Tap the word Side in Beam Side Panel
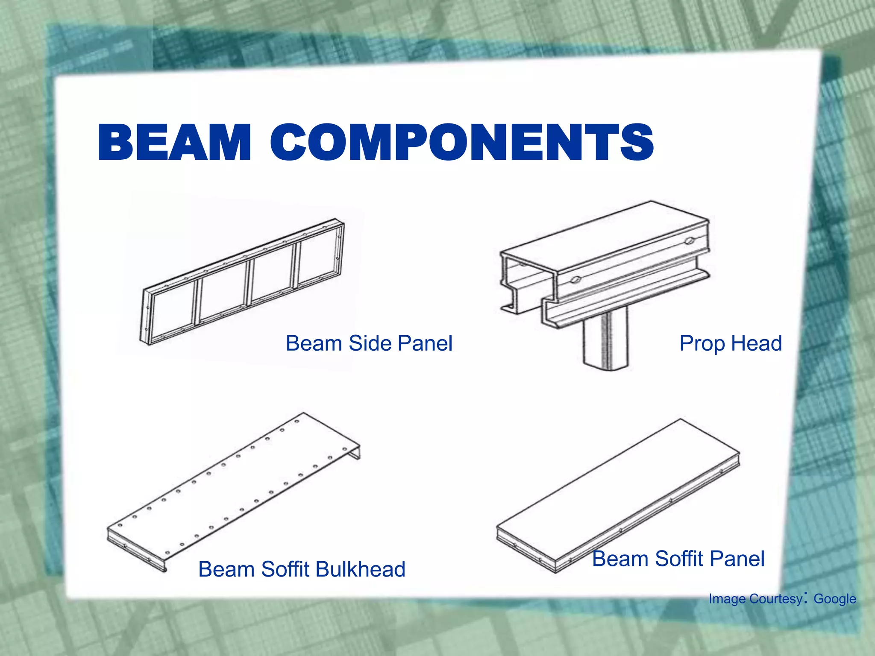(x=370, y=343)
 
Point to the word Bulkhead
(x=360, y=569)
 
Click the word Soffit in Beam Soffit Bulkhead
(x=286, y=569)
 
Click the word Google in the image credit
(x=834, y=599)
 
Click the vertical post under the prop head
(x=606, y=340)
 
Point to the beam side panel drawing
(x=244, y=282)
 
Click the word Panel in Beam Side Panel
(x=425, y=343)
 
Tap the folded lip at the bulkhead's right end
(x=355, y=452)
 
